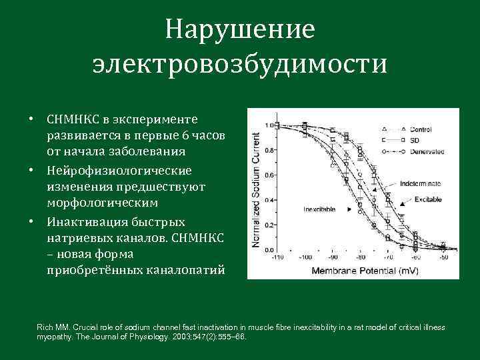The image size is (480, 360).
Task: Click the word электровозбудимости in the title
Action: (240, 64)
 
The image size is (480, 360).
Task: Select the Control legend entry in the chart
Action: (421, 129)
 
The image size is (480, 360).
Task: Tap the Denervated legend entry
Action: (426, 152)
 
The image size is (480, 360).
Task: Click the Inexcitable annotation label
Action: (319, 209)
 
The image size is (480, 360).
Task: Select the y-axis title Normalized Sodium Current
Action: (256, 190)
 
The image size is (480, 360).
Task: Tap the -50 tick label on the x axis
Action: (443, 257)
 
